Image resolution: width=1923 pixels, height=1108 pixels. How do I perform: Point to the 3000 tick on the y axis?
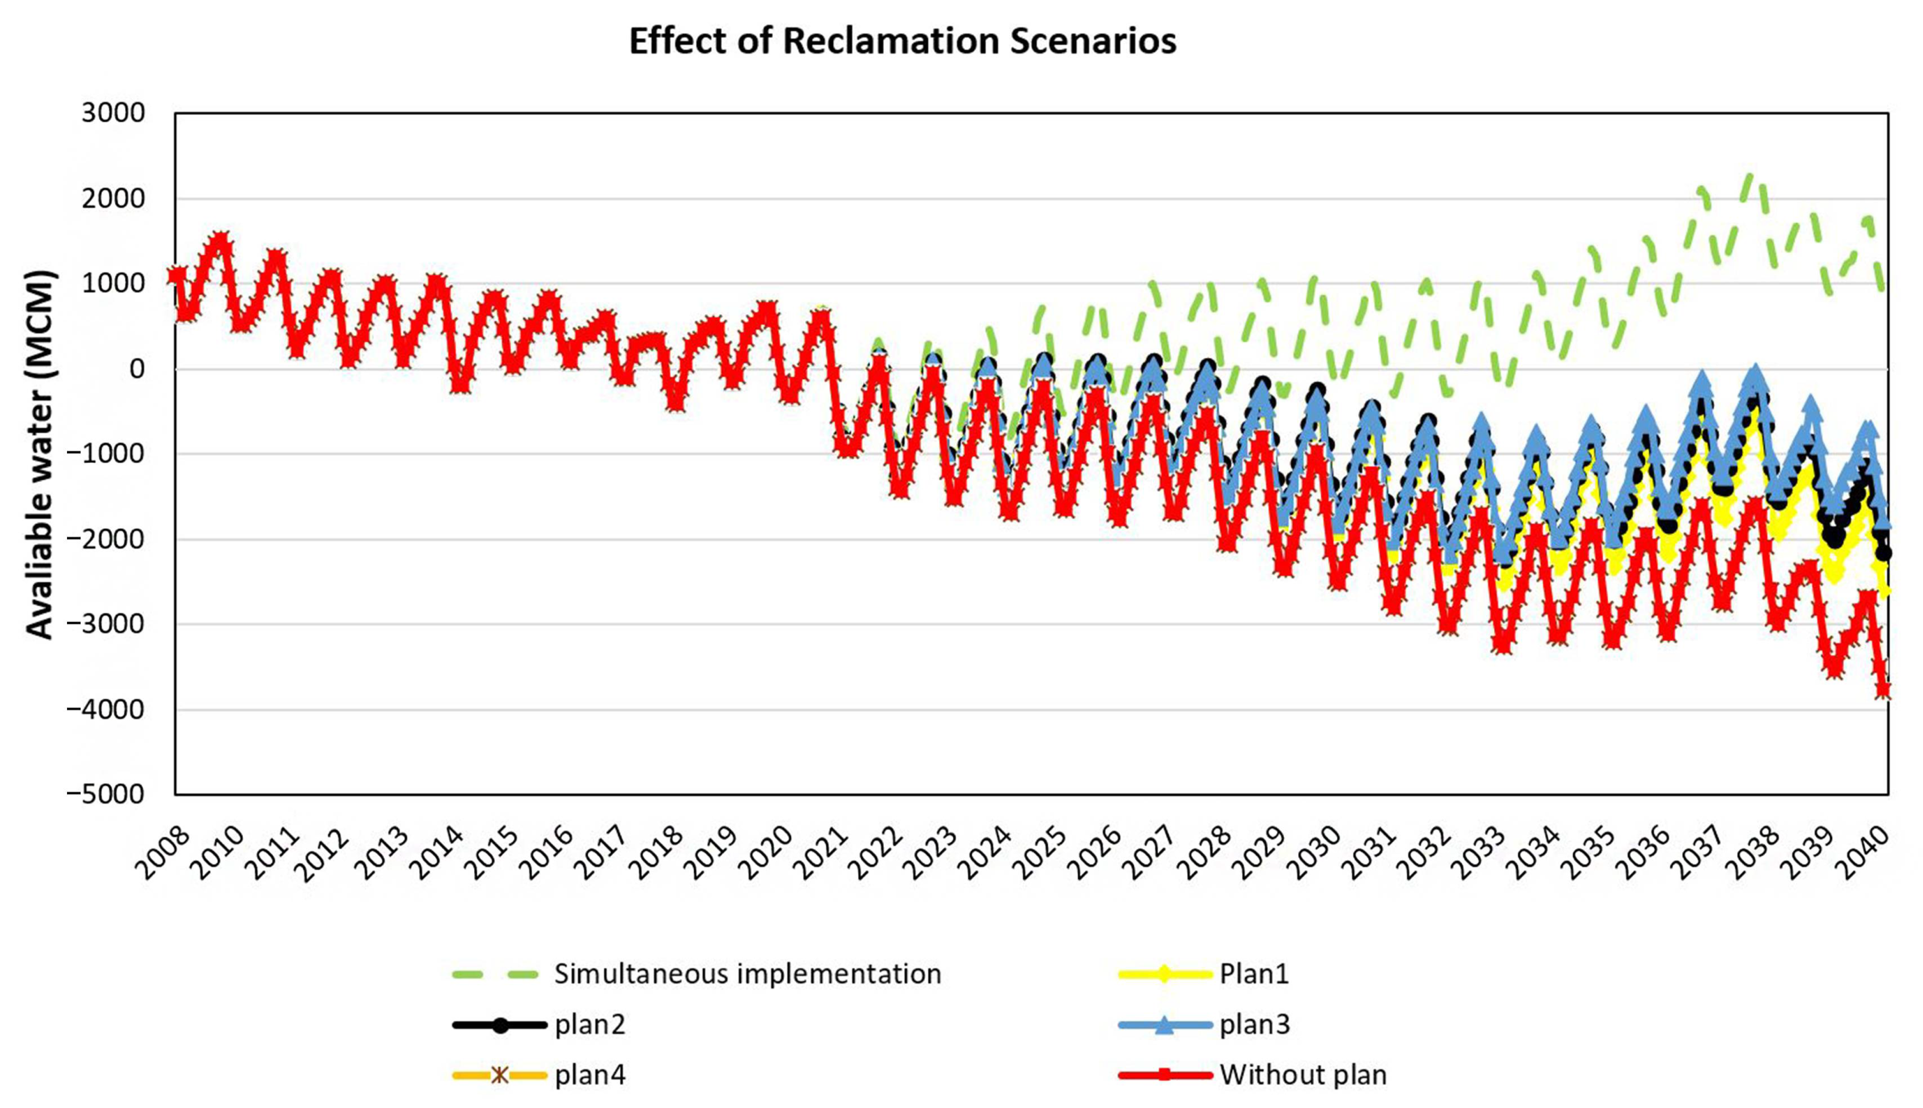point(114,113)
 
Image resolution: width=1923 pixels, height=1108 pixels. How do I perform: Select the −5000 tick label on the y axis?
point(105,794)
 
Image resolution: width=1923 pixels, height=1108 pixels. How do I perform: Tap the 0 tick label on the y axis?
point(137,369)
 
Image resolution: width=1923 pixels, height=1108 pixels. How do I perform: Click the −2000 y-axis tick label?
point(105,540)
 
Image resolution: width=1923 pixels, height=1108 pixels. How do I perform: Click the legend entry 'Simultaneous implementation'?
point(747,974)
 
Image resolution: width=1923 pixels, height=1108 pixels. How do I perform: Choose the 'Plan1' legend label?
point(1254,974)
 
